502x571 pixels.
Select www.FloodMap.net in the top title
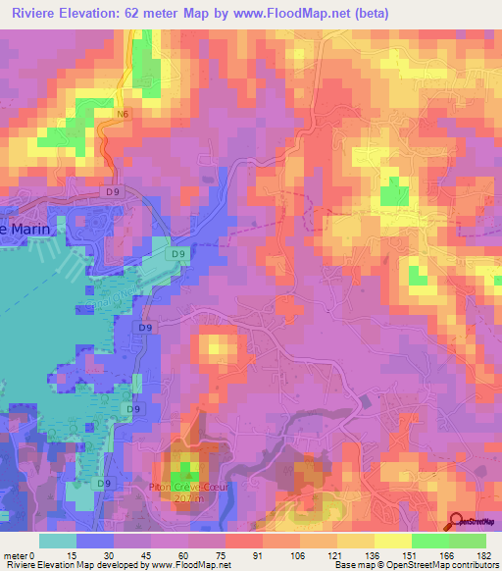[x=291, y=14]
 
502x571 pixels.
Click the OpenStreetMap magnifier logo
[x=456, y=521]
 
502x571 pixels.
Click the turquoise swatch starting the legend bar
[x=58, y=541]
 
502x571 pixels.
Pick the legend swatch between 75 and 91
[x=244, y=541]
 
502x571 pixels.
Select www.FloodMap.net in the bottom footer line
[x=187, y=565]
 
